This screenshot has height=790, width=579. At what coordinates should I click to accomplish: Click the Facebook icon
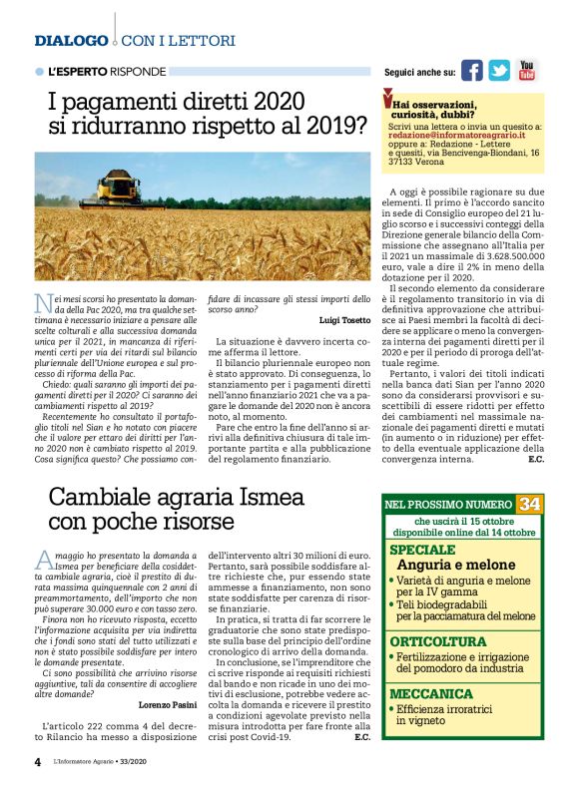pyautogui.click(x=471, y=70)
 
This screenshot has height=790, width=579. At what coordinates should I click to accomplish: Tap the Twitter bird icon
pyautogui.click(x=499, y=70)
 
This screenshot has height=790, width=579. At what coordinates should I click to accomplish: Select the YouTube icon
pyautogui.click(x=526, y=70)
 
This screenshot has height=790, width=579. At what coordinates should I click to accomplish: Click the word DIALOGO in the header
pyautogui.click(x=71, y=41)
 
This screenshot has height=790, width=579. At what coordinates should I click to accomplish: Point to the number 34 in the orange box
pyautogui.click(x=529, y=504)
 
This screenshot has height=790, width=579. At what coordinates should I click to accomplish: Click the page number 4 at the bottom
pyautogui.click(x=38, y=762)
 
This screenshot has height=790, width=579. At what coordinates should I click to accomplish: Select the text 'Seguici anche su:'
pyautogui.click(x=419, y=73)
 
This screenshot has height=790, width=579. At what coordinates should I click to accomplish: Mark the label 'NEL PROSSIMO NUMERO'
pyautogui.click(x=449, y=505)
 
